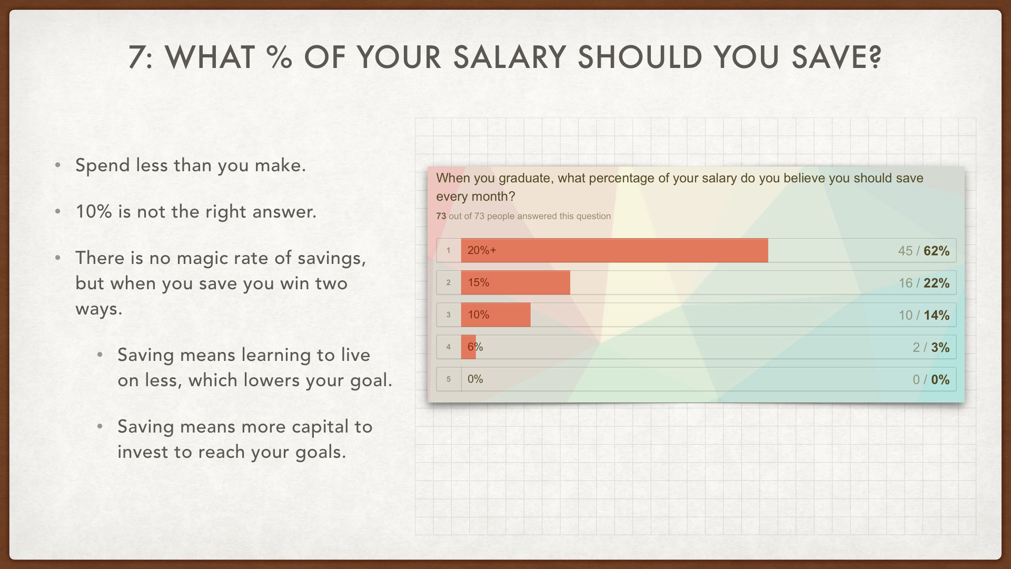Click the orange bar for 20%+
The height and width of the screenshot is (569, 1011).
[x=614, y=250]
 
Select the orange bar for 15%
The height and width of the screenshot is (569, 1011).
[x=516, y=282]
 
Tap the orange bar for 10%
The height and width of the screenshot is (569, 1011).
[x=495, y=315]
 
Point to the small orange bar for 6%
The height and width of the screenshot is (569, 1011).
[x=468, y=347]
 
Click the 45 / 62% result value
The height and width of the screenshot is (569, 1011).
[x=924, y=251]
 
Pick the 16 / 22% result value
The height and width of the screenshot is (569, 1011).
[x=924, y=283]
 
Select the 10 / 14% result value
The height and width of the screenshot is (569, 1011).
[x=924, y=315]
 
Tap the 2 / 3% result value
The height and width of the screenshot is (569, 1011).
[x=931, y=347]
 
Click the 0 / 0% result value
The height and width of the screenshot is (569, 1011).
[x=931, y=379]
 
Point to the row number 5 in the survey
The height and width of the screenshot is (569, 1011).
[x=449, y=379]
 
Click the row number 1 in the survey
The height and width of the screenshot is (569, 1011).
[x=449, y=250]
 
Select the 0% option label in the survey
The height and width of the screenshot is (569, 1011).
[x=475, y=379]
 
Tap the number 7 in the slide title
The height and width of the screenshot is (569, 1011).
[x=137, y=57]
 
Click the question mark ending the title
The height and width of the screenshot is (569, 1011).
[x=875, y=57]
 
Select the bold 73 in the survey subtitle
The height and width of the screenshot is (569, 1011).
[x=441, y=216]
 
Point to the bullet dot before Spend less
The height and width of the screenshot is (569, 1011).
[x=58, y=165]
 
